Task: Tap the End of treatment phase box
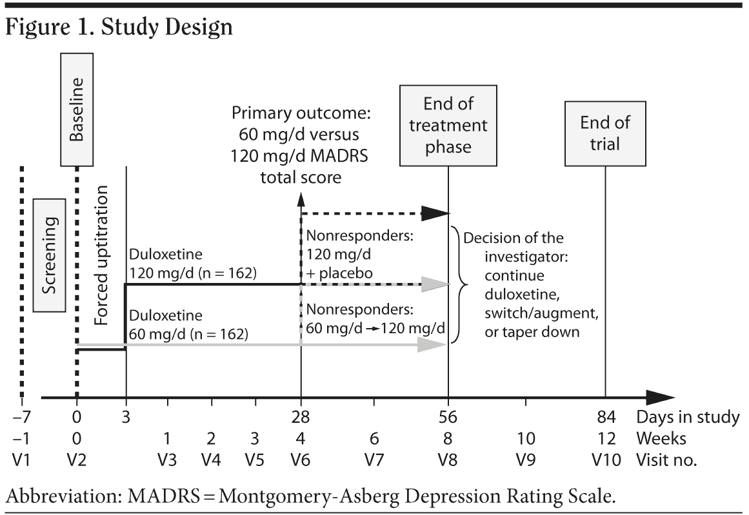click(x=447, y=126)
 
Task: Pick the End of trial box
click(x=604, y=132)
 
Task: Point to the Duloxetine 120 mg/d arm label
click(x=193, y=264)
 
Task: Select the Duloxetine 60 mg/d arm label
click(x=188, y=326)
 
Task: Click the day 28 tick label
click(x=301, y=417)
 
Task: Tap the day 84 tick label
click(x=606, y=417)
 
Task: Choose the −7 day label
click(x=21, y=417)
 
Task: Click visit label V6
click(x=301, y=461)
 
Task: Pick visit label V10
click(x=606, y=461)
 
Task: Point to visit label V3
click(x=167, y=461)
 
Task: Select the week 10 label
click(x=526, y=439)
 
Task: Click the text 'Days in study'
click(x=688, y=417)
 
